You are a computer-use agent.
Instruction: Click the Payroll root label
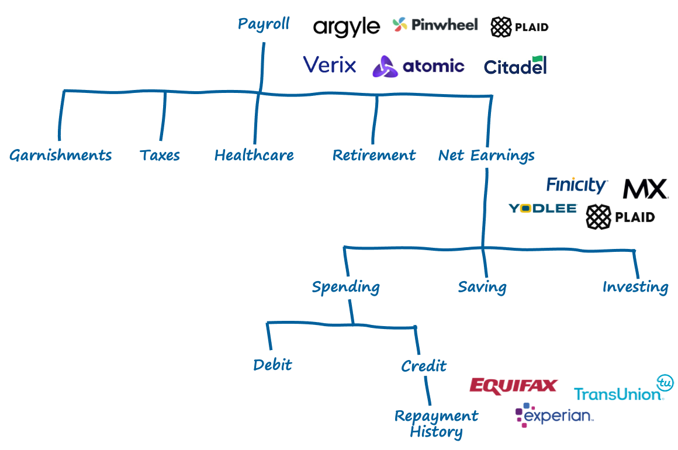tap(264, 25)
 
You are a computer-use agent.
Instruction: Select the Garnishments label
tap(60, 155)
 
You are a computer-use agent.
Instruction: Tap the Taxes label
tap(160, 155)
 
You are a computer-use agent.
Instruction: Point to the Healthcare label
tap(254, 155)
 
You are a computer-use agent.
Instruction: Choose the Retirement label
tap(374, 155)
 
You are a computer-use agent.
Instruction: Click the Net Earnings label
tap(486, 155)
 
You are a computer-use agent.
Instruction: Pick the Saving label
tap(482, 287)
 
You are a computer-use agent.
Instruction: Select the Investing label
tap(635, 287)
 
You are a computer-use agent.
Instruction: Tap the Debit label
tap(272, 365)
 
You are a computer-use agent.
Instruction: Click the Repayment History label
tap(436, 424)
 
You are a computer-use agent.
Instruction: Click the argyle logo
tap(347, 27)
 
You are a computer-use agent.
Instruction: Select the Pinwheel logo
tap(435, 25)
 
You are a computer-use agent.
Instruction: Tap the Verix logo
tap(330, 65)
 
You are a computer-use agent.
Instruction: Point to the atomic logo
tap(418, 67)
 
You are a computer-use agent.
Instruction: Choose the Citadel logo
tap(515, 67)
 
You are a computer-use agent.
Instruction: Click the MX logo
tap(644, 189)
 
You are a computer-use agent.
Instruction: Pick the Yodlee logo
tap(542, 208)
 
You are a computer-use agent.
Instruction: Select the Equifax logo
tap(514, 386)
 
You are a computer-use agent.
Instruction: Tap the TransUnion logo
tap(624, 387)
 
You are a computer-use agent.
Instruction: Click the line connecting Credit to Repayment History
tap(428, 391)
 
